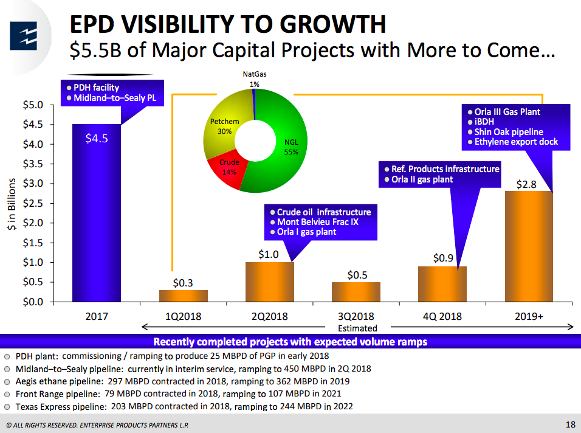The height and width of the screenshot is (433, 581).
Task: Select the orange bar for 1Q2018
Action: pos(183,296)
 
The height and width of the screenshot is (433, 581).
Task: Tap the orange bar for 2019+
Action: pos(529,246)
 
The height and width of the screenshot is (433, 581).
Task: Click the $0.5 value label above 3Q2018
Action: pos(356,275)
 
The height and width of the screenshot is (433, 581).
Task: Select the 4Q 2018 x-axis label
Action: pos(442,316)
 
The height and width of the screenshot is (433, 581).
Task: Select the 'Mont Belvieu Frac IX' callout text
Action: pos(318,222)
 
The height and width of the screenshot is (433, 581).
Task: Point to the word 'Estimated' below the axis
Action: pos(357,328)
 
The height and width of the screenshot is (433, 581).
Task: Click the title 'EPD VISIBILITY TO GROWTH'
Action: pos(228,24)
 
